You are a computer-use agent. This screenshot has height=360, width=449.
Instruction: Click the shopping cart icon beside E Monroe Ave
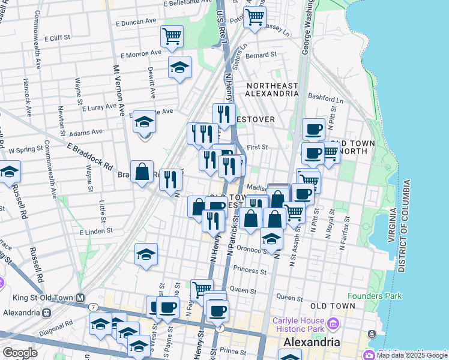pyautogui.click(x=172, y=37)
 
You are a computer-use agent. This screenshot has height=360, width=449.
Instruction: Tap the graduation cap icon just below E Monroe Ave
pyautogui.click(x=179, y=68)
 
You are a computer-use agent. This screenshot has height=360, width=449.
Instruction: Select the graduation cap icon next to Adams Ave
pyautogui.click(x=144, y=122)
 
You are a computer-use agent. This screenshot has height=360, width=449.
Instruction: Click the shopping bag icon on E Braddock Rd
pyautogui.click(x=142, y=172)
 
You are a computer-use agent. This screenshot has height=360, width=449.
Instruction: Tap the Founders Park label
pyautogui.click(x=375, y=296)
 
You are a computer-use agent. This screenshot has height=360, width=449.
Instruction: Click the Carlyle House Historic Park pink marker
pyautogui.click(x=333, y=325)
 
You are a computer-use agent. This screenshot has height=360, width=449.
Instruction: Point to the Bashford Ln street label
pyautogui.click(x=324, y=96)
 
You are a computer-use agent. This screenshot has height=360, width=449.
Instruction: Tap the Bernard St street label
pyautogui.click(x=261, y=55)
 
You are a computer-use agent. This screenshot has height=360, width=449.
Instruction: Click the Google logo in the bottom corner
pyautogui.click(x=20, y=353)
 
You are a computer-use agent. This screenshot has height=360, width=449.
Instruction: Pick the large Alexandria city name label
pyautogui.click(x=311, y=342)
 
